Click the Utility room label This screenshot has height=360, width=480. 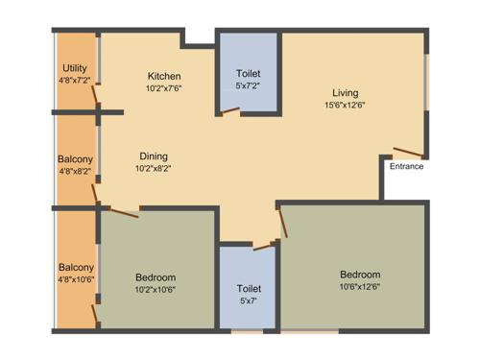[x=75, y=67]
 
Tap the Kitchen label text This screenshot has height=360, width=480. [x=164, y=76]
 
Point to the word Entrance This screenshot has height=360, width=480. [x=406, y=166]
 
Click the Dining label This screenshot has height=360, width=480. [x=155, y=156]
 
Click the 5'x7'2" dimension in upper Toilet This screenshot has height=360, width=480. [x=248, y=85]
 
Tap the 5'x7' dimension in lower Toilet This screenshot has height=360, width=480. [x=249, y=300]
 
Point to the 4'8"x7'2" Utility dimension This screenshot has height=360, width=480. [x=74, y=80]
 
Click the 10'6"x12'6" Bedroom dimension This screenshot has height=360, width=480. [x=360, y=285]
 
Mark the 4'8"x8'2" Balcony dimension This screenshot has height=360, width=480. [x=75, y=172]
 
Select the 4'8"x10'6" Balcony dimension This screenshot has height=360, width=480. [x=76, y=279]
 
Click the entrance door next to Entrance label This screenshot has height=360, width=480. [x=408, y=153]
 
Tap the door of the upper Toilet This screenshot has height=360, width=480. [x=230, y=112]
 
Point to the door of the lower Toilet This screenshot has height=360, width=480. [x=264, y=246]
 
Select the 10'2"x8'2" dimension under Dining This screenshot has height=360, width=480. [x=155, y=167]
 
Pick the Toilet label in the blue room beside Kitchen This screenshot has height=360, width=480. [x=249, y=73]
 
